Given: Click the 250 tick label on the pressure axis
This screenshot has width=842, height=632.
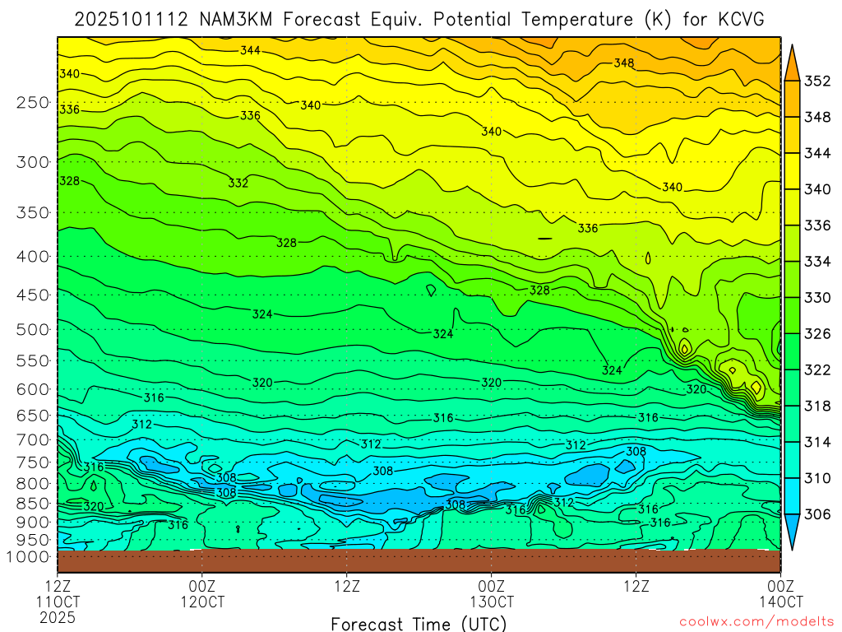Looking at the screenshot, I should click(x=32, y=103).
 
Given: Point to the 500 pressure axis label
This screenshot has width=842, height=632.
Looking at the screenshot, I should click(x=32, y=330).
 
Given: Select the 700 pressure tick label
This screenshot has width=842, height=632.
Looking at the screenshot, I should click(x=32, y=440).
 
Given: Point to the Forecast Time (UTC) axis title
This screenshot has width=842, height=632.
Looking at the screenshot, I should click(x=419, y=624).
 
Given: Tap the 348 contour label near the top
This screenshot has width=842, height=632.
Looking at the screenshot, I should click(x=624, y=63).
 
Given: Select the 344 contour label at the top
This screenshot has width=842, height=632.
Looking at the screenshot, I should click(x=250, y=50).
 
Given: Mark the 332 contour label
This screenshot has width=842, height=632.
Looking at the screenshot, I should click(x=238, y=183).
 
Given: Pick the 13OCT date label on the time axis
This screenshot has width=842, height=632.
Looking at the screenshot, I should click(x=492, y=602).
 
